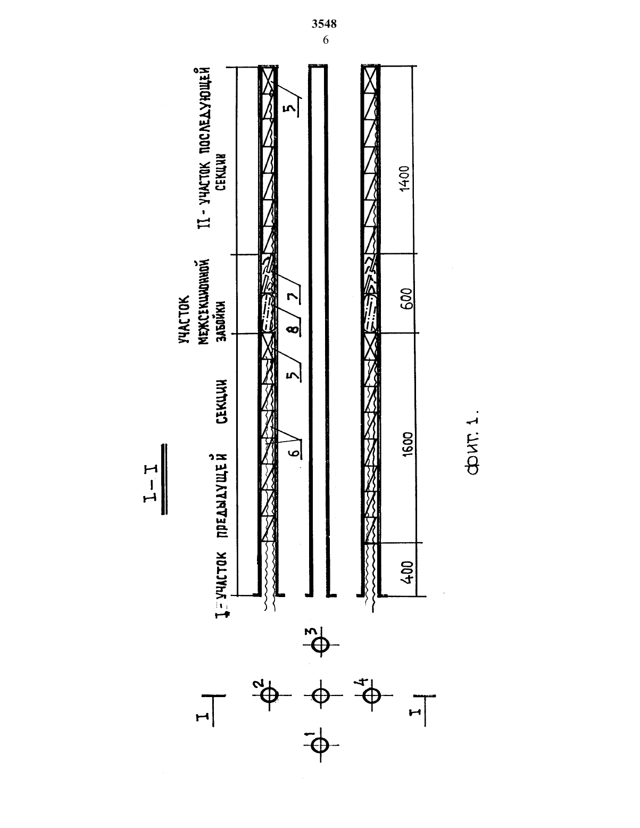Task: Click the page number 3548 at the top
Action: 324,24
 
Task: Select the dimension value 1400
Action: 404,179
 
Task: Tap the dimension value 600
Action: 406,299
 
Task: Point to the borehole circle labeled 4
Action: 371,695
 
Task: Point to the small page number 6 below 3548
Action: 326,40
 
